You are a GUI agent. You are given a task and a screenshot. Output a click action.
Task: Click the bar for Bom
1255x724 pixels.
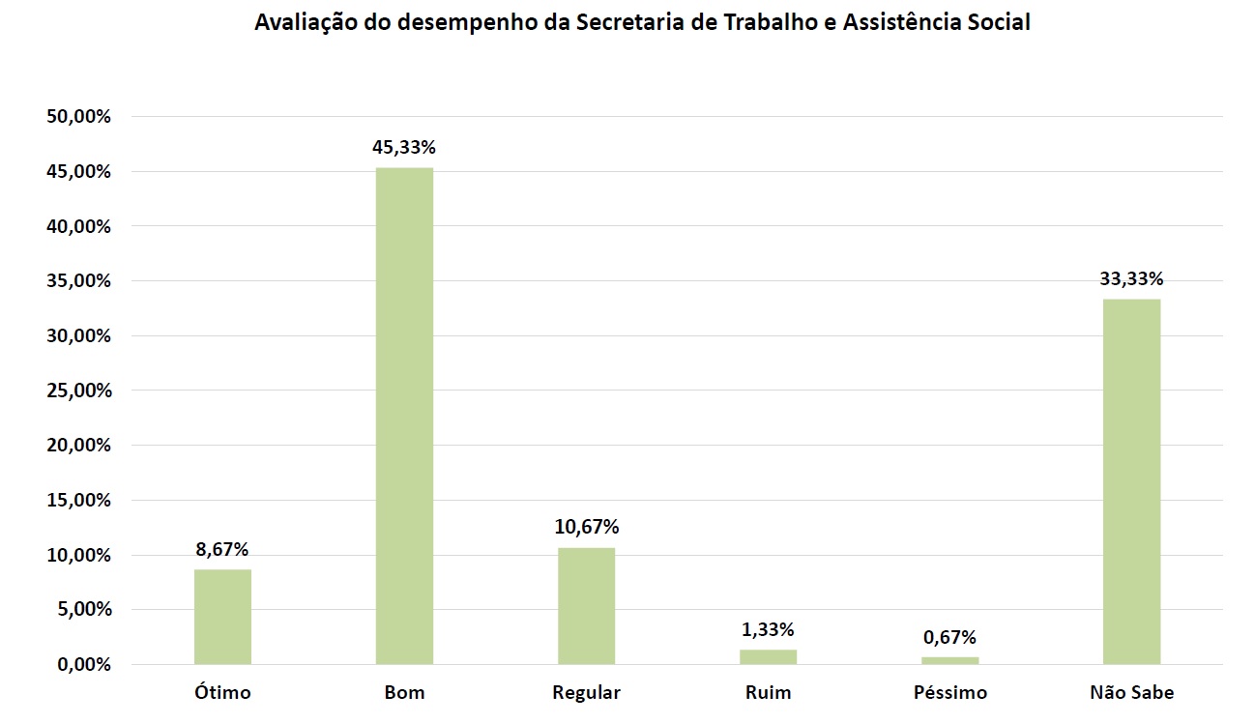tap(404, 416)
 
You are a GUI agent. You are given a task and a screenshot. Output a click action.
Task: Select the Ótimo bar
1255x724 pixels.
tap(222, 617)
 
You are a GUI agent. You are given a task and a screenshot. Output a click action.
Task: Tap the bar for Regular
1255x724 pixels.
tap(586, 606)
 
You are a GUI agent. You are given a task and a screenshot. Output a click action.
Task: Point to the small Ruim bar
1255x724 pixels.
tap(768, 657)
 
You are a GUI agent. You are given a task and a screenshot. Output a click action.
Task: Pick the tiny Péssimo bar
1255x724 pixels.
tap(949, 661)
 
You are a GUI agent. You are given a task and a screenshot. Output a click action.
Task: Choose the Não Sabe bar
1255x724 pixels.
tap(1131, 481)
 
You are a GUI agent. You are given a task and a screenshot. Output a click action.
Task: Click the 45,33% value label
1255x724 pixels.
tap(404, 148)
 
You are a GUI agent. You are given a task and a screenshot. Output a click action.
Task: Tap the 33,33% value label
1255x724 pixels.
tap(1131, 279)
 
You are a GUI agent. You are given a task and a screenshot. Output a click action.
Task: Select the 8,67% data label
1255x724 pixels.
tap(222, 549)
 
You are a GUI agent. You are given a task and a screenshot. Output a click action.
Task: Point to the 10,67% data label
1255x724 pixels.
tap(586, 527)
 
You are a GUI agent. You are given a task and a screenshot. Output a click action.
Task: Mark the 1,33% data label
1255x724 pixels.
tap(768, 629)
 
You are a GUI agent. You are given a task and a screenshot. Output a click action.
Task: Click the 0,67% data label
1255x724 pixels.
tap(949, 637)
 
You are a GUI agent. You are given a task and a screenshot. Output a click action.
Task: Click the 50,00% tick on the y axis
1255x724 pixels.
tap(79, 117)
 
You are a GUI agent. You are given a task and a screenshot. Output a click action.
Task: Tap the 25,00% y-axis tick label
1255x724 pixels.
tap(79, 391)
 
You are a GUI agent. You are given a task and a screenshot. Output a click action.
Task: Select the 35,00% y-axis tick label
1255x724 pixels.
tap(79, 281)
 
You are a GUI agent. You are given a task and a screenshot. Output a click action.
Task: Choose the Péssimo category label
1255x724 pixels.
tap(949, 693)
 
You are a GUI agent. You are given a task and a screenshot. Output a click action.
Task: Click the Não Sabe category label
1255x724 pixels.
tap(1131, 693)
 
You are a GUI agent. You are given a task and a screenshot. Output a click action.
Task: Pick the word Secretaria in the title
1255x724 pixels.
tap(628, 23)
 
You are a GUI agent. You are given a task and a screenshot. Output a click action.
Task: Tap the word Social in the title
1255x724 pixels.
tap(1000, 23)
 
